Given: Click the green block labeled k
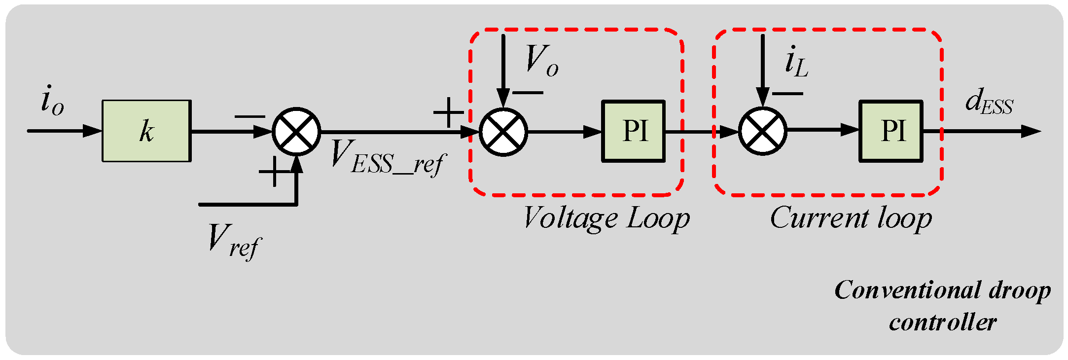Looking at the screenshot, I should tap(146, 131).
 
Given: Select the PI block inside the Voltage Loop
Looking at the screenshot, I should tap(634, 131).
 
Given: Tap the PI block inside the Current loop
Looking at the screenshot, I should tap(891, 131).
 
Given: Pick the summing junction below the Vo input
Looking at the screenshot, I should tap(503, 132).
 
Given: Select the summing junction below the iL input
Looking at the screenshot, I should tap(762, 131).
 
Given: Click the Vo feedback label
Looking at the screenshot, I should tap(541, 61).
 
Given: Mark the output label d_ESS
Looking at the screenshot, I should tap(988, 103).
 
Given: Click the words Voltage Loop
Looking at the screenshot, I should tap(606, 218).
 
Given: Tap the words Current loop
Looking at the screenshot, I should tap(851, 218).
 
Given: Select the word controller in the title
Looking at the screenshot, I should tap(943, 323).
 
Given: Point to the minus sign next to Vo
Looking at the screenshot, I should tap(528, 93).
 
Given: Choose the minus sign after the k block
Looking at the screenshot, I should tap(249, 117).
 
